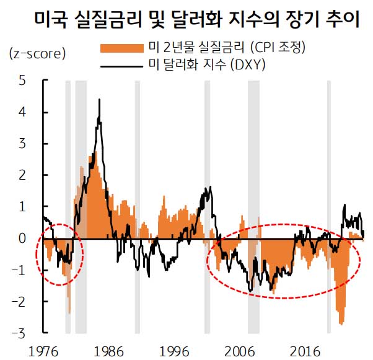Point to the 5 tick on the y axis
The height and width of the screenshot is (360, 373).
point(22,81)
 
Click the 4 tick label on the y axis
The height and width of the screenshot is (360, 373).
point(22,112)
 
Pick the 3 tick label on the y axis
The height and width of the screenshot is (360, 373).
point(22,144)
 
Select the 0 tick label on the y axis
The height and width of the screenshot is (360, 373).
point(22,239)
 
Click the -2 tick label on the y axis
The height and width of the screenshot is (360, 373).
point(20,302)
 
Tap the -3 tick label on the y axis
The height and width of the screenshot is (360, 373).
point(20,333)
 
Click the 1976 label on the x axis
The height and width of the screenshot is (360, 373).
point(40,350)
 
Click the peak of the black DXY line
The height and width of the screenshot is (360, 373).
point(99,100)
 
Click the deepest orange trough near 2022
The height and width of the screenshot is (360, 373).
point(342,323)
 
